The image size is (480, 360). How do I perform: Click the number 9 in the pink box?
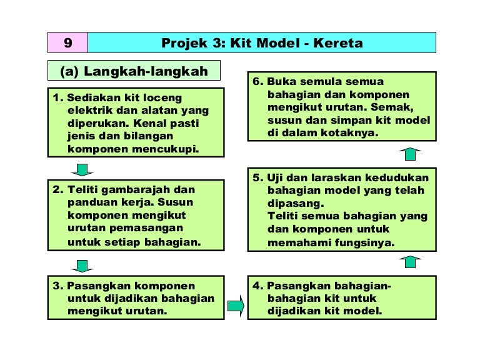coord(68,43)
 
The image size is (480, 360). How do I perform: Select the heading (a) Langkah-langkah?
coord(134,71)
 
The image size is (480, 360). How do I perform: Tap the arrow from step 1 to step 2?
coord(82,169)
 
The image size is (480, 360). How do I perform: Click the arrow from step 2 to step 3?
coord(82,266)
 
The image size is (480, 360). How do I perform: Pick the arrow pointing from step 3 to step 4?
coord(236,306)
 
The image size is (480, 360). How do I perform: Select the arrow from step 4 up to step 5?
coord(410,262)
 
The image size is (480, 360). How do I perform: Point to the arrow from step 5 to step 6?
coord(410,154)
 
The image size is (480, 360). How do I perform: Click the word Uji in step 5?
coord(275,178)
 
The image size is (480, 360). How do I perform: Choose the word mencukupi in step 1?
coord(166,149)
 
